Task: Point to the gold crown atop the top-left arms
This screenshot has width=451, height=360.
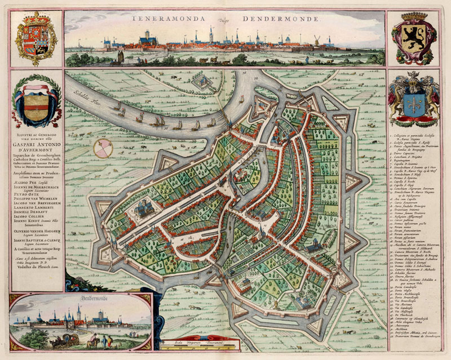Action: tap(35, 17)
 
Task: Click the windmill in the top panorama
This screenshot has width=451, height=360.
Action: tap(316, 41)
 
